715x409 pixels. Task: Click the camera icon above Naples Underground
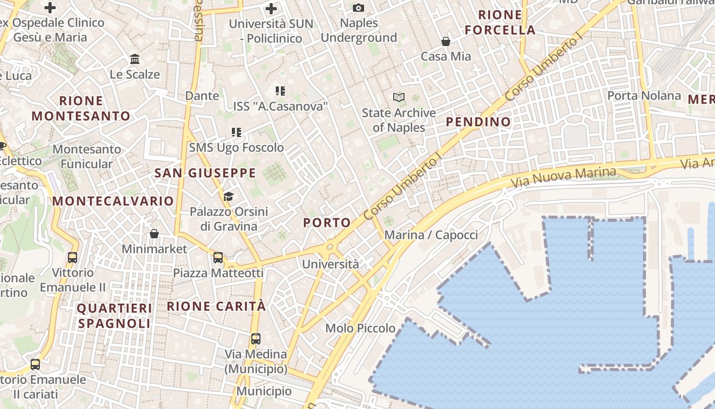pyautogui.click(x=359, y=8)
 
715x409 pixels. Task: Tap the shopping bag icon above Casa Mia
pyautogui.click(x=446, y=41)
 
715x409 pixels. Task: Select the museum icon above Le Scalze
pyautogui.click(x=135, y=59)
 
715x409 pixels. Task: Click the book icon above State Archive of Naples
pyautogui.click(x=399, y=97)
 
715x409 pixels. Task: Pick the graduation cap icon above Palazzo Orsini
pyautogui.click(x=228, y=196)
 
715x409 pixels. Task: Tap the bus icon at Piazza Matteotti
pyautogui.click(x=218, y=257)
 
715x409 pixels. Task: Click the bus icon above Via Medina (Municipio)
pyautogui.click(x=256, y=338)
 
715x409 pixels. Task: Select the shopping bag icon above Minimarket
pyautogui.click(x=154, y=234)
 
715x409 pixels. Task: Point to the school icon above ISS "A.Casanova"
pyautogui.click(x=280, y=91)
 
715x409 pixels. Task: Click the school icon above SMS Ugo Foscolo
pyautogui.click(x=236, y=132)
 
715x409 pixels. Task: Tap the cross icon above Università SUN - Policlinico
pyautogui.click(x=271, y=8)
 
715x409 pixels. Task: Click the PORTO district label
pyautogui.click(x=327, y=223)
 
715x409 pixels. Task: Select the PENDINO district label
pyautogui.click(x=478, y=122)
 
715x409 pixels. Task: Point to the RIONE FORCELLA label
pyautogui.click(x=500, y=22)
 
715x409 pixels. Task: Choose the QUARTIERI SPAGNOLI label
pyautogui.click(x=114, y=316)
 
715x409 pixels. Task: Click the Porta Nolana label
pyautogui.click(x=643, y=96)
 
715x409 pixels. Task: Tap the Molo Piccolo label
pyautogui.click(x=361, y=328)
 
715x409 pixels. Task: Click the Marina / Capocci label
pyautogui.click(x=431, y=235)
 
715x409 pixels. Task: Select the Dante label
pyautogui.click(x=202, y=96)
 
